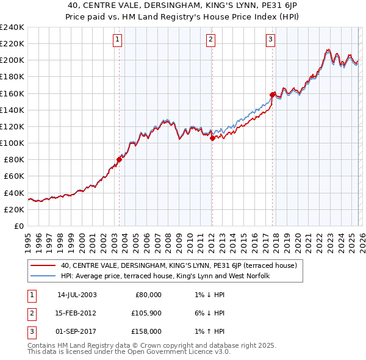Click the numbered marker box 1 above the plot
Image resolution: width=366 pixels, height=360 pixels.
tap(117, 40)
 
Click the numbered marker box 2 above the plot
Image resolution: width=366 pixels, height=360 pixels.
tap(210, 40)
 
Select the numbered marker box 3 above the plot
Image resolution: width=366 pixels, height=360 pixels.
tap(270, 40)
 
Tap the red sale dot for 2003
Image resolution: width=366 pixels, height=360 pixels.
tap(120, 159)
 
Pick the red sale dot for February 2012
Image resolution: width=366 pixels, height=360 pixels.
tap(212, 138)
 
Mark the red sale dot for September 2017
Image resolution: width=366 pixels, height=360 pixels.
tap(272, 95)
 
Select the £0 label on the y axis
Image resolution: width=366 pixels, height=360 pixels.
tap(18, 226)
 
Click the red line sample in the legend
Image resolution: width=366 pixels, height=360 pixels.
tap(43, 265)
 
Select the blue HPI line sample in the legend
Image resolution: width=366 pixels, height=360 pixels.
tap(43, 276)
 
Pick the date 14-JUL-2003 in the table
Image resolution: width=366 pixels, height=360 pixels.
tap(77, 295)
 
